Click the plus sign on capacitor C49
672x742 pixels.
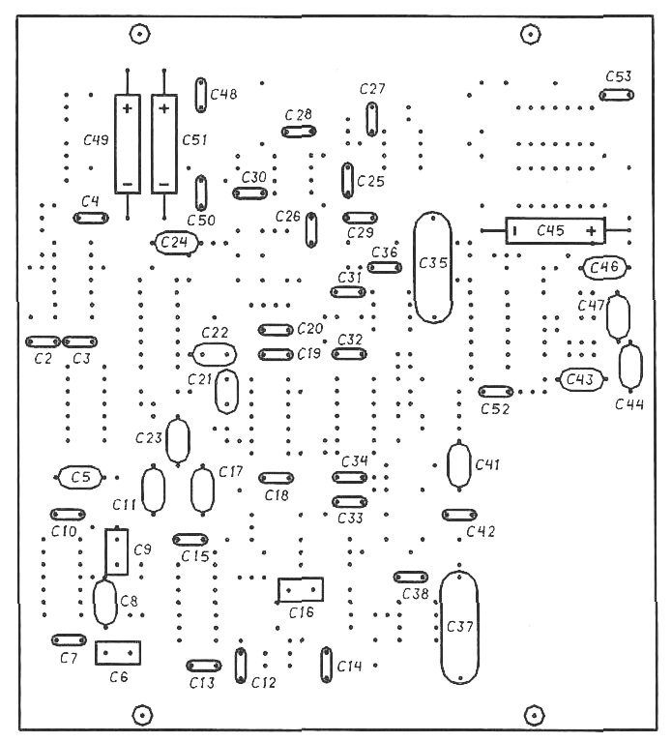pyautogui.click(x=128, y=109)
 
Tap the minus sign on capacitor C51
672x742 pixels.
pyautogui.click(x=164, y=184)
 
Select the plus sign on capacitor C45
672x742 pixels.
pyautogui.click(x=591, y=231)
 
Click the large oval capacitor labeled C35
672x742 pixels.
pyautogui.click(x=414, y=267)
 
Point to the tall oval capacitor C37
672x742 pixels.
pyautogui.click(x=440, y=628)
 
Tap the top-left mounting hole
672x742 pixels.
pyautogui.click(x=139, y=34)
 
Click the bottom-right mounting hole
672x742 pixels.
pyautogui.click(x=535, y=715)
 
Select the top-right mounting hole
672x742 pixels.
pyautogui.click(x=531, y=34)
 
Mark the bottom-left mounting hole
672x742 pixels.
pyautogui.click(x=141, y=715)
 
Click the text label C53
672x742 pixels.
pyautogui.click(x=619, y=76)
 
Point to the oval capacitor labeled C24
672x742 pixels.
pyautogui.click(x=156, y=243)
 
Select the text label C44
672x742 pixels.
pyautogui.click(x=628, y=404)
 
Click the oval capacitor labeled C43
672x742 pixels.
pyautogui.click(x=561, y=379)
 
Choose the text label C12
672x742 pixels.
pyautogui.click(x=263, y=682)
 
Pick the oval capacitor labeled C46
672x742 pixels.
pyautogui.click(x=585, y=268)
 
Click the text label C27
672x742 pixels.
pyautogui.click(x=372, y=89)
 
